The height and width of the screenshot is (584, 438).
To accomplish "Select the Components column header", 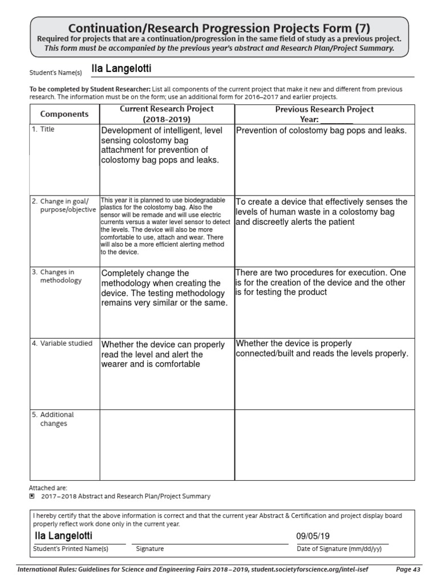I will tap(64, 114).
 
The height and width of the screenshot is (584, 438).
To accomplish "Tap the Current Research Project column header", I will tap(167, 114).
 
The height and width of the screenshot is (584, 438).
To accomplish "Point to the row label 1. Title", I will tap(44, 129).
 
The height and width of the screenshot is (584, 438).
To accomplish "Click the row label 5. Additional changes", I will tap(52, 419).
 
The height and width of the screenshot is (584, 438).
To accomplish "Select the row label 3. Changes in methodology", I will tap(57, 276).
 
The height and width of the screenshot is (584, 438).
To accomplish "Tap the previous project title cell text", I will tap(321, 131).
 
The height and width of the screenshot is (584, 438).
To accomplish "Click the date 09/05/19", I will tap(313, 537).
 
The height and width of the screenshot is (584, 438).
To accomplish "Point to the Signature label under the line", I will tap(150, 549).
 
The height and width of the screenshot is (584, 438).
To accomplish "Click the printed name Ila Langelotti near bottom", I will tap(63, 536).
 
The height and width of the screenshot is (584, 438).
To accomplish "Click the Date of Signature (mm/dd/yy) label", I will tap(342, 549).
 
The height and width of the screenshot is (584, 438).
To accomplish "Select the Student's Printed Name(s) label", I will tap(70, 549).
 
